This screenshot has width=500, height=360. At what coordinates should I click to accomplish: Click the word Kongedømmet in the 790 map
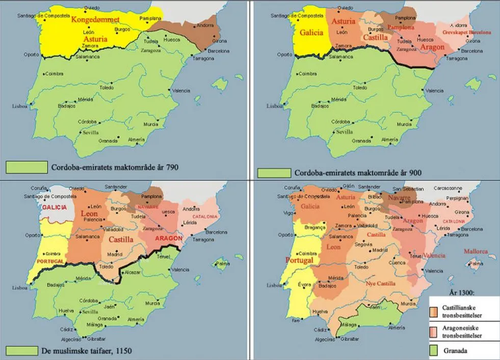tap(95, 20)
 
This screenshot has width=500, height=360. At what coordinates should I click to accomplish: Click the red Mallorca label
tap(476, 252)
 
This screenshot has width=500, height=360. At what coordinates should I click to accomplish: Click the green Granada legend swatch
tap(435, 351)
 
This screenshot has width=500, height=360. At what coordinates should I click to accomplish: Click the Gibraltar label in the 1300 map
tap(349, 339)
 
